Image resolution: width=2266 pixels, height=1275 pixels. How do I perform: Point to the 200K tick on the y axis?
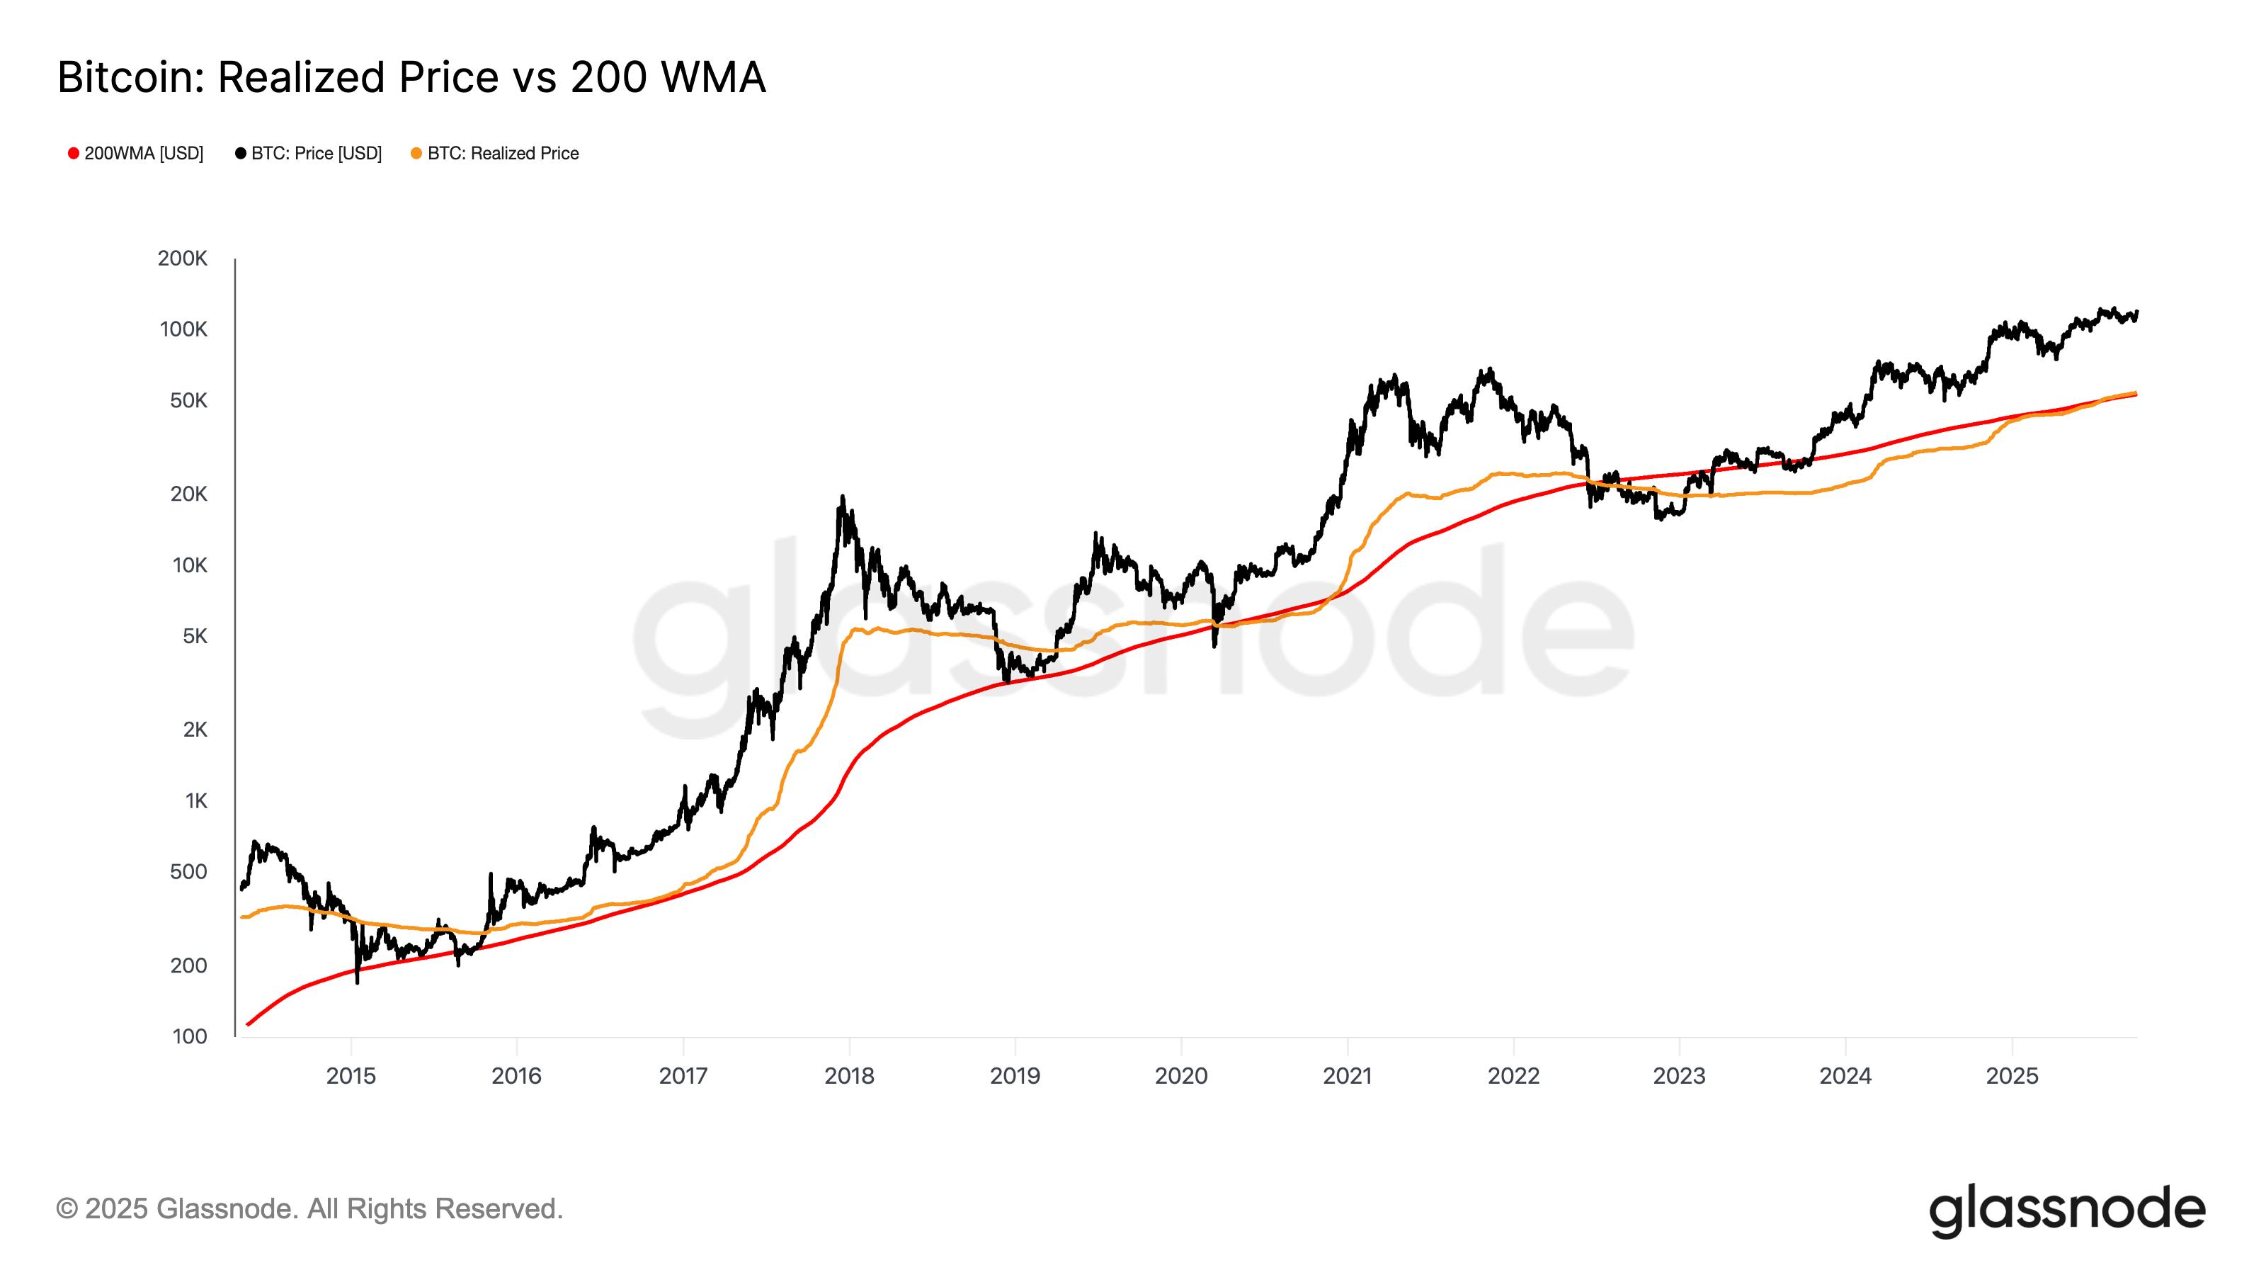(183, 259)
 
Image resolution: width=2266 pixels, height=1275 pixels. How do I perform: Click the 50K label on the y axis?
(188, 401)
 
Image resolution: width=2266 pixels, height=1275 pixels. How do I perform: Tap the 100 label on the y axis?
(189, 1036)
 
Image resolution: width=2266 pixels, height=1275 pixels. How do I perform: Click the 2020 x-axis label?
(1180, 1076)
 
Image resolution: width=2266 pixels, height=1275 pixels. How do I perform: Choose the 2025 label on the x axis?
(2012, 1076)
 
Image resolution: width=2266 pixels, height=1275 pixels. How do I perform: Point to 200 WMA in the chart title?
(668, 77)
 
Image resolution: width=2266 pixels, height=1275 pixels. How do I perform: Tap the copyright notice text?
(309, 1209)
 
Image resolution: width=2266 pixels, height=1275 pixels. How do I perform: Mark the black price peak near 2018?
(842, 498)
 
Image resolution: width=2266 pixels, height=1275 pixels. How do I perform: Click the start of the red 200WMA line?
(248, 1024)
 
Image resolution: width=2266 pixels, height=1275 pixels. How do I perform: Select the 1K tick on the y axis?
(196, 800)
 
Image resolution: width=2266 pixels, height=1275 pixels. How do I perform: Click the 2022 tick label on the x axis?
(1513, 1076)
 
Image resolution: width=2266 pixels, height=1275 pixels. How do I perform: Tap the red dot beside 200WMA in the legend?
(74, 153)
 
